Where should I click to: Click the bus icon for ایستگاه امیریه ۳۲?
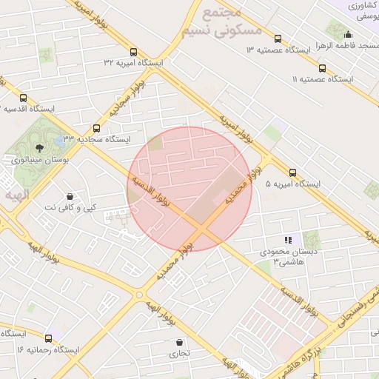pyautogui.click(x=133, y=52)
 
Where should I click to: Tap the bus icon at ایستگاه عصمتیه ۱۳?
pyautogui.click(x=278, y=38)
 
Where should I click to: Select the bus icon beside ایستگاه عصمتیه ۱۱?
pyautogui.click(x=321, y=68)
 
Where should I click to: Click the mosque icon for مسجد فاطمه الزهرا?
pyautogui.click(x=349, y=34)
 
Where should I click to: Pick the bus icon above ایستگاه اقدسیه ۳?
pyautogui.click(x=23, y=98)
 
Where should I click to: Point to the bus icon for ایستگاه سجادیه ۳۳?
pyautogui.click(x=96, y=128)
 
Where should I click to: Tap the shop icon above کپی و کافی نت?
pyautogui.click(x=70, y=197)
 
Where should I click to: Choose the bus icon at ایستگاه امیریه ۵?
pyautogui.click(x=293, y=172)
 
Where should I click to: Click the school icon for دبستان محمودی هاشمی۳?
pyautogui.click(x=289, y=240)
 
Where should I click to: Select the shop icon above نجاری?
pyautogui.click(x=180, y=342)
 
